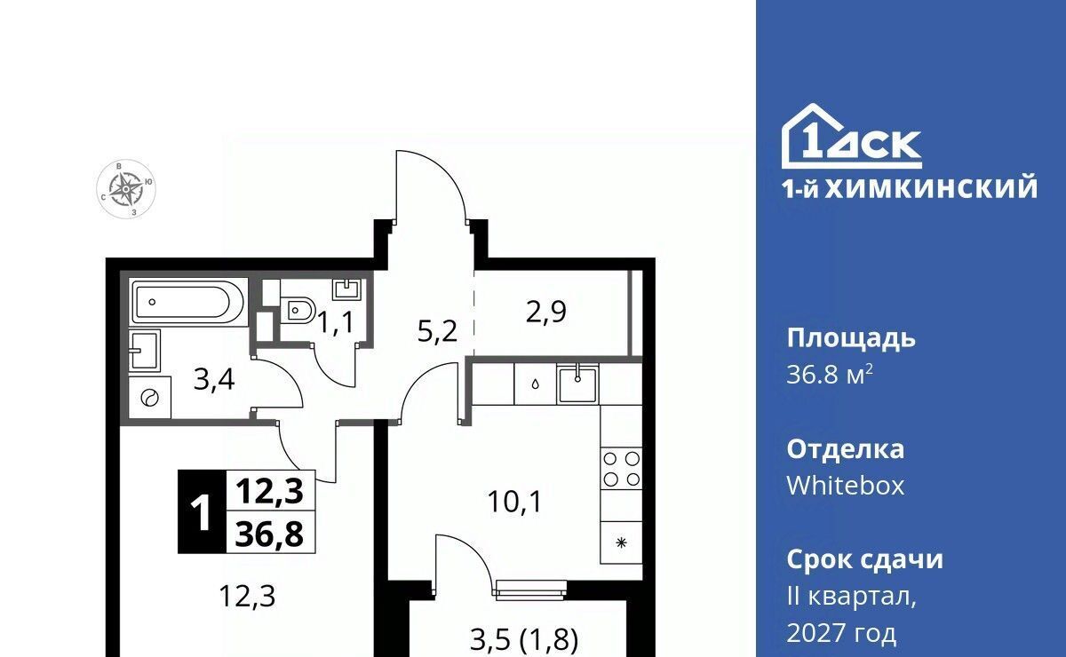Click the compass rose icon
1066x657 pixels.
click(126, 189)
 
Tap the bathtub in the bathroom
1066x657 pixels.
click(189, 302)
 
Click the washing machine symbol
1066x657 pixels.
click(149, 398)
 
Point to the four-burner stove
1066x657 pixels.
click(621, 469)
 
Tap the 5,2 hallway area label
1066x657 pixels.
click(437, 331)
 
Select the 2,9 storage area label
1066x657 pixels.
click(545, 313)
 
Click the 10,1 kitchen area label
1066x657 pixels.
click(515, 503)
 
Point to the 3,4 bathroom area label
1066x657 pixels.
click(214, 381)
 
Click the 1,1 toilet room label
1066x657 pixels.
click(336, 323)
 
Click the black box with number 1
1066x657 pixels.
click(202, 511)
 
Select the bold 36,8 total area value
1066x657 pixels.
click(269, 533)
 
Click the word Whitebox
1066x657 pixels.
click(845, 486)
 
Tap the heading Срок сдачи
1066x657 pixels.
click(864, 559)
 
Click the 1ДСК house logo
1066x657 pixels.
click(851, 136)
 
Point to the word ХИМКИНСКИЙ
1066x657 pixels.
click(931, 189)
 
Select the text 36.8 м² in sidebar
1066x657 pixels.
click(830, 375)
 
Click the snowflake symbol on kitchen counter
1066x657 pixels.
click(621, 542)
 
